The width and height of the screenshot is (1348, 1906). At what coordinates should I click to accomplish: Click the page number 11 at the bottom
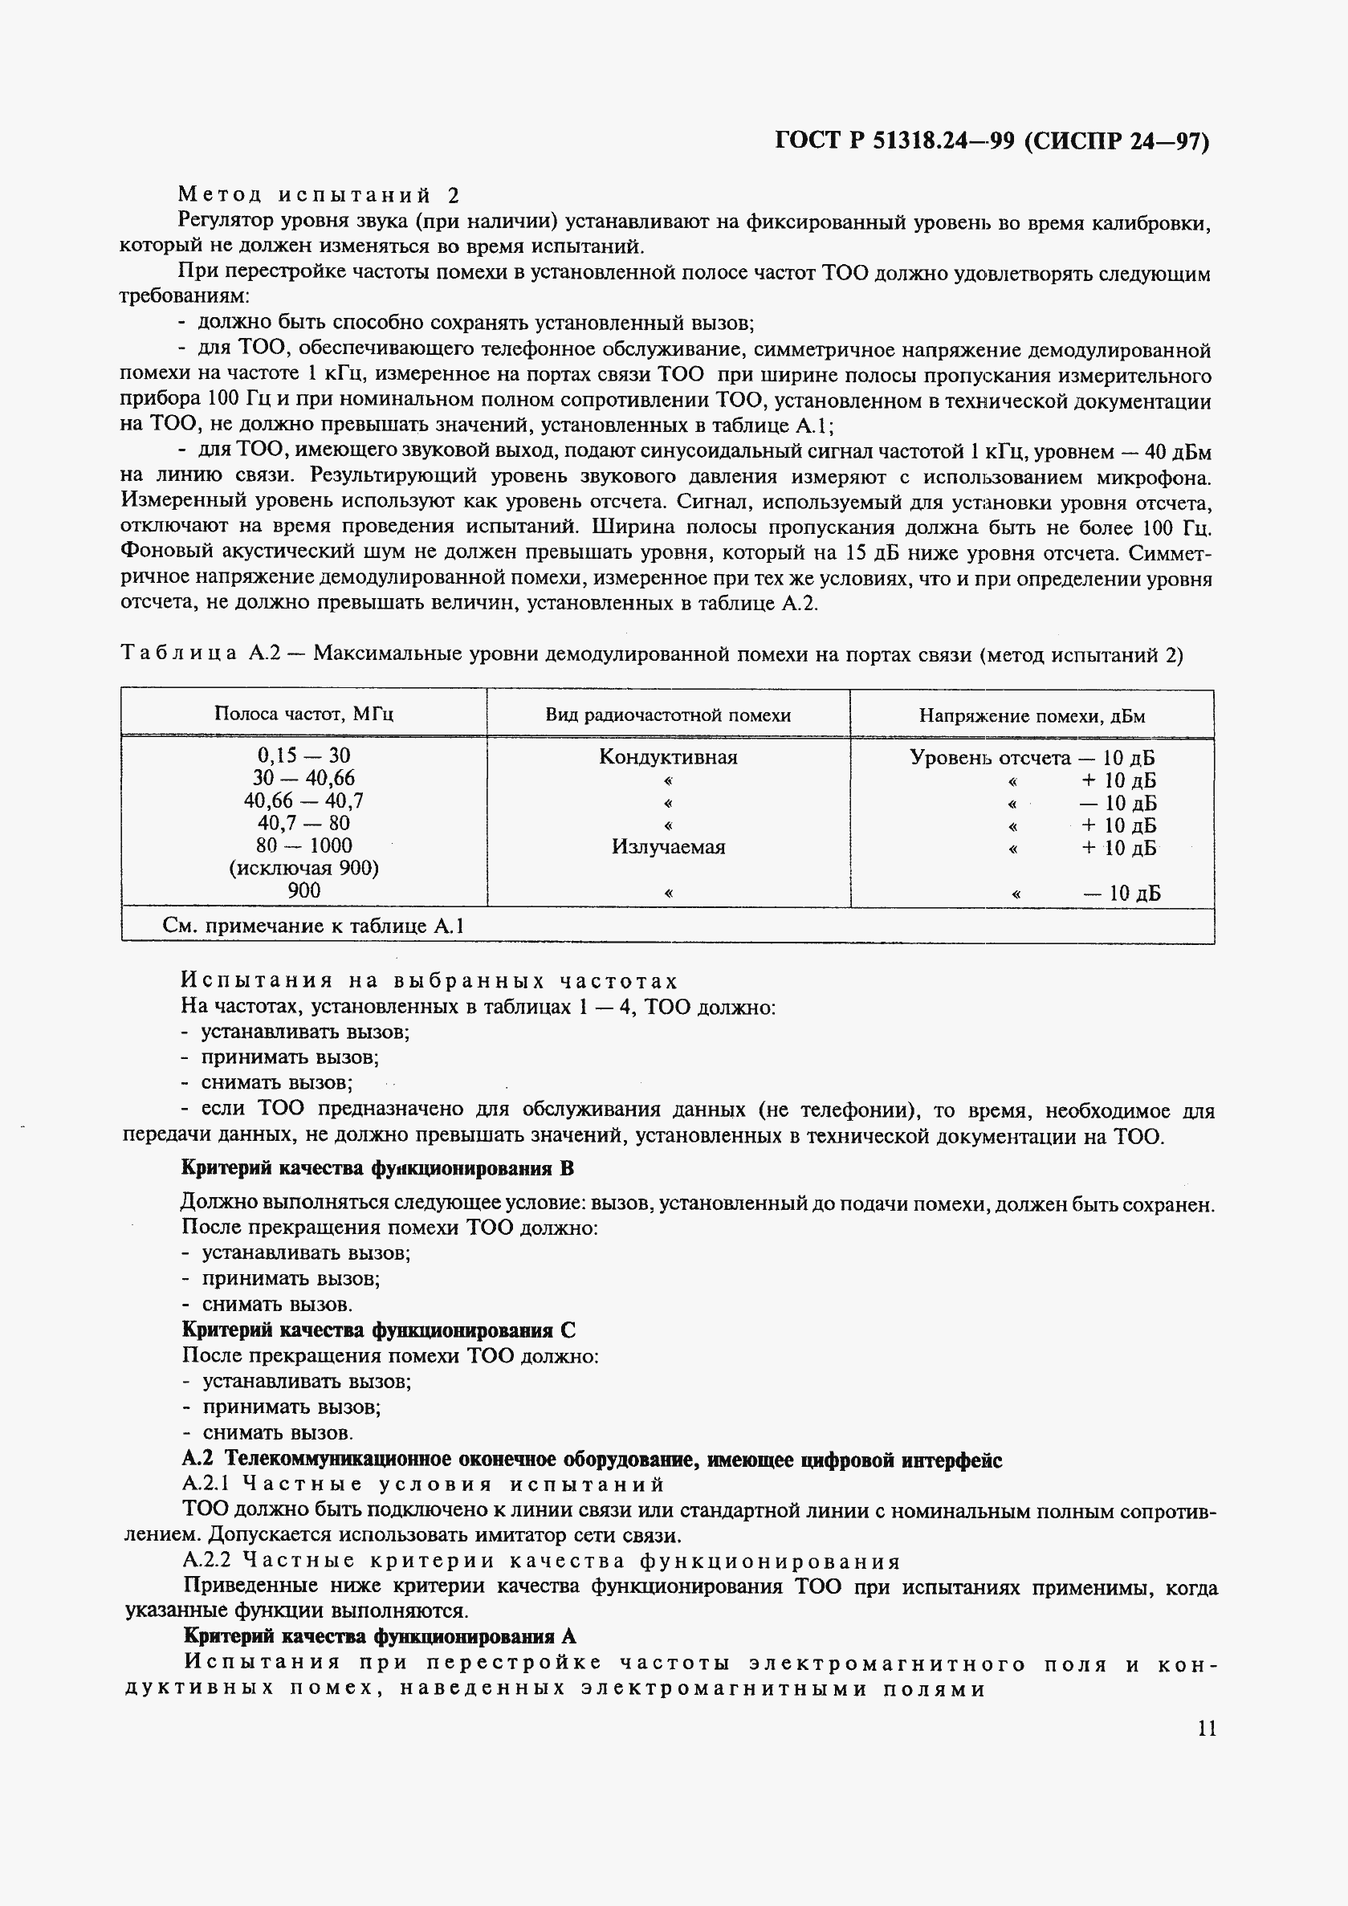coord(1206,1729)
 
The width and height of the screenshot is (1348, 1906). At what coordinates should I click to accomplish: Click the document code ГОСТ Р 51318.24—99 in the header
coord(894,141)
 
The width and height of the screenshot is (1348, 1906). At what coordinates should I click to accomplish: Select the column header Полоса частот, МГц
coord(303,714)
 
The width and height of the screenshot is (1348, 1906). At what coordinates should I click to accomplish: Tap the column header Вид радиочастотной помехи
coord(667,715)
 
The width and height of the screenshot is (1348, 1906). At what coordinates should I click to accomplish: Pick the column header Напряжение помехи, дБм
coord(1032,715)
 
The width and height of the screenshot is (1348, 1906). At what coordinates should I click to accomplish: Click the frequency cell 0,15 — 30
coord(303,755)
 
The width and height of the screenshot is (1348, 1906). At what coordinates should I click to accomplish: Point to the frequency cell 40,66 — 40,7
coord(303,800)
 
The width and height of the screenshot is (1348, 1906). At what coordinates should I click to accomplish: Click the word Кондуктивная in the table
coord(667,757)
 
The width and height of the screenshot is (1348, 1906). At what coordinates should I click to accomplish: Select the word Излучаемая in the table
coord(667,847)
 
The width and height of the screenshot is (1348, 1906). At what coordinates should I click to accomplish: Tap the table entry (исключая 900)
coord(303,869)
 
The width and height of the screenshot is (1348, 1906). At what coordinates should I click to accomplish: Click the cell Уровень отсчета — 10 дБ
coord(1032,757)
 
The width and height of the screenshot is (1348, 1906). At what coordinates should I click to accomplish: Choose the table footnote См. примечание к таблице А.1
coord(313,926)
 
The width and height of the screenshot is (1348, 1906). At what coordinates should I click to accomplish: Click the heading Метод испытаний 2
coord(319,195)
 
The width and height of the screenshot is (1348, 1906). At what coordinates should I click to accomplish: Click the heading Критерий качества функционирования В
coord(377,1169)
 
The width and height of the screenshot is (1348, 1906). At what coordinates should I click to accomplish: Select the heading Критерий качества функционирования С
coord(378,1330)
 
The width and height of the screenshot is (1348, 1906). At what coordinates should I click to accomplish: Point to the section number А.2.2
coord(200,1562)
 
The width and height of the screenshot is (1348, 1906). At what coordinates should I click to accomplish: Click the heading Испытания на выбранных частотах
coord(430,981)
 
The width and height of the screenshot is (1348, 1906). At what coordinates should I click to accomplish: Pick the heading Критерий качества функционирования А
coord(379,1635)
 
